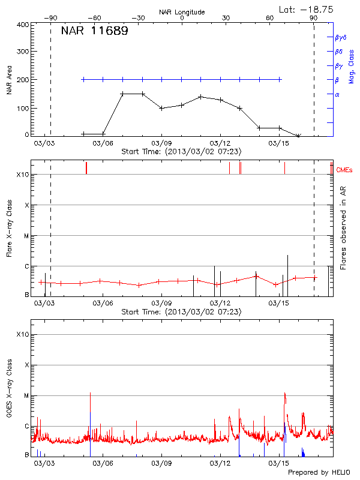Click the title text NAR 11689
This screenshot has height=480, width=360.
coord(94,31)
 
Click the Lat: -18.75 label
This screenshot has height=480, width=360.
coord(307,9)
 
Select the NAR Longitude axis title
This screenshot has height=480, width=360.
coord(182,11)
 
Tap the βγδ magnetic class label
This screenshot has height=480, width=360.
coord(340,37)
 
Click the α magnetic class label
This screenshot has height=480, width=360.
coord(337,94)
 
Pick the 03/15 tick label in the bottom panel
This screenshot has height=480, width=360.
coord(279,463)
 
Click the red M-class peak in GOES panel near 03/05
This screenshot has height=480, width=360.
coord(90,394)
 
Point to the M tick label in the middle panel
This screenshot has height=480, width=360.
coord(26,236)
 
